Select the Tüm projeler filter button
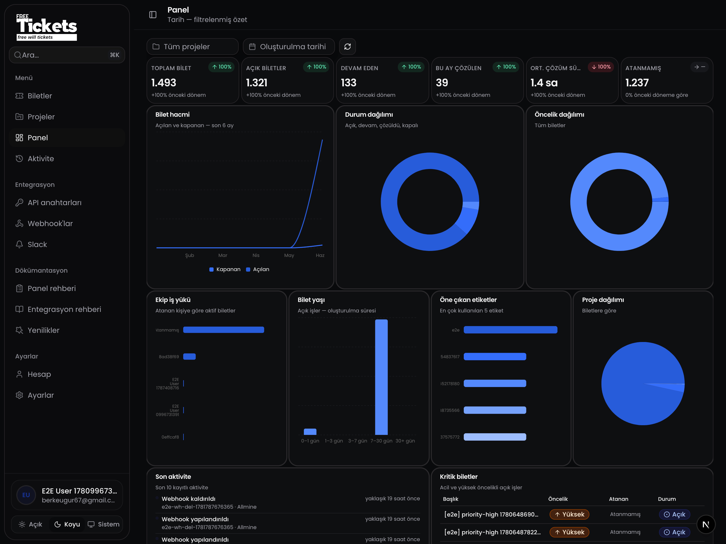coord(192,47)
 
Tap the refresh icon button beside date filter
coord(348,47)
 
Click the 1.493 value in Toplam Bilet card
coord(164,83)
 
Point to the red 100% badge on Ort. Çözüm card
coord(601,67)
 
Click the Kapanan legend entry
coord(225,269)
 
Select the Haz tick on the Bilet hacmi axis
coord(320,255)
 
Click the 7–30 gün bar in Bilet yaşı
coord(381,377)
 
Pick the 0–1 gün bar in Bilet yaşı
coord(310,431)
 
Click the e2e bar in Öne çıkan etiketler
coord(510,330)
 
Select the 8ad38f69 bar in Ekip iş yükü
coord(189,357)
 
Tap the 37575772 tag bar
coord(495,437)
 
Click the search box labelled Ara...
coord(67,55)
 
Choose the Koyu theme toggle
coord(67,524)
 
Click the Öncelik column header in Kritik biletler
coord(558,499)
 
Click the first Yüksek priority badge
coord(569,514)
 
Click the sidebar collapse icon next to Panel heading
coord(153,15)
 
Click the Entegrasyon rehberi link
coord(64,309)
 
